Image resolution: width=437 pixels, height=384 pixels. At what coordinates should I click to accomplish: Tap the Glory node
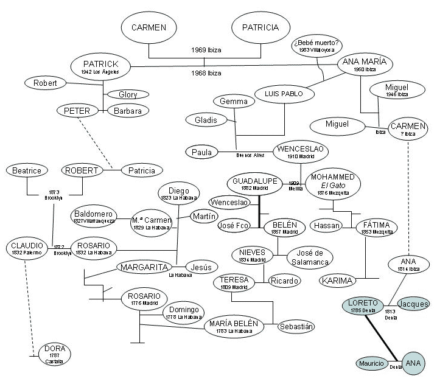pos(128,94)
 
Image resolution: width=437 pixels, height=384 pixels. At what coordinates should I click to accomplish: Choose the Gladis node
pos(206,120)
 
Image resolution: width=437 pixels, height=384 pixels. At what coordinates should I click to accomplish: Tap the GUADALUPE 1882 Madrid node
pos(255,184)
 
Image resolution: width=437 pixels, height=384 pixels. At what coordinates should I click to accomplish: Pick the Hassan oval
pos(325,226)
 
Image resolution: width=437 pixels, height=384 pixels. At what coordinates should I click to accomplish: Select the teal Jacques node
pos(413,304)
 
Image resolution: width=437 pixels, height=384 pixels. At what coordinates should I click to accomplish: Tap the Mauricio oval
pos(372,363)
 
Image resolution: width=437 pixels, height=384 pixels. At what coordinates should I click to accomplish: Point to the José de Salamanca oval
pos(307,257)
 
